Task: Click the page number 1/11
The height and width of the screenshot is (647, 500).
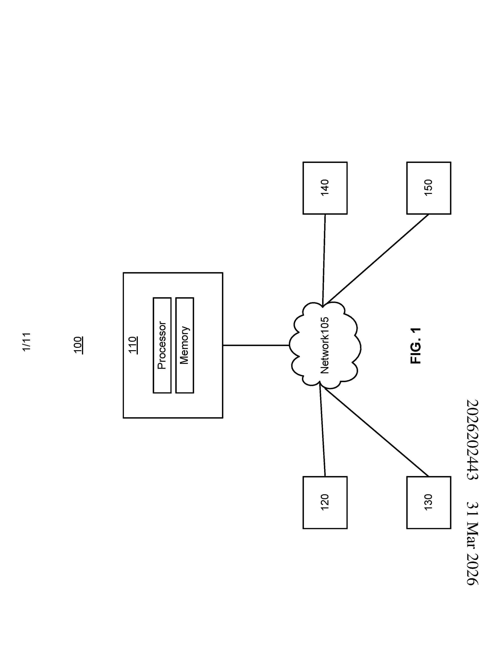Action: (26, 342)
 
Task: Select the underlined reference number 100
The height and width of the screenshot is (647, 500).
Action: (78, 345)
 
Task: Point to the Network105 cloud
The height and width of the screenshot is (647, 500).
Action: (325, 345)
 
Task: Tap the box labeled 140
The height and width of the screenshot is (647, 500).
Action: (325, 188)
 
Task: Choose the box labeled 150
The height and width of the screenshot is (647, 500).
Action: (429, 188)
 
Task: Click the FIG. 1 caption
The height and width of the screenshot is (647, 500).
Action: (415, 346)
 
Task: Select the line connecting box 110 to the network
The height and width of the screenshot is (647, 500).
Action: (256, 345)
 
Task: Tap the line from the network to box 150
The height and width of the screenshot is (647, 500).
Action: (378, 258)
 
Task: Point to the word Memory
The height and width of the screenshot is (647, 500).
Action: (184, 345)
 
